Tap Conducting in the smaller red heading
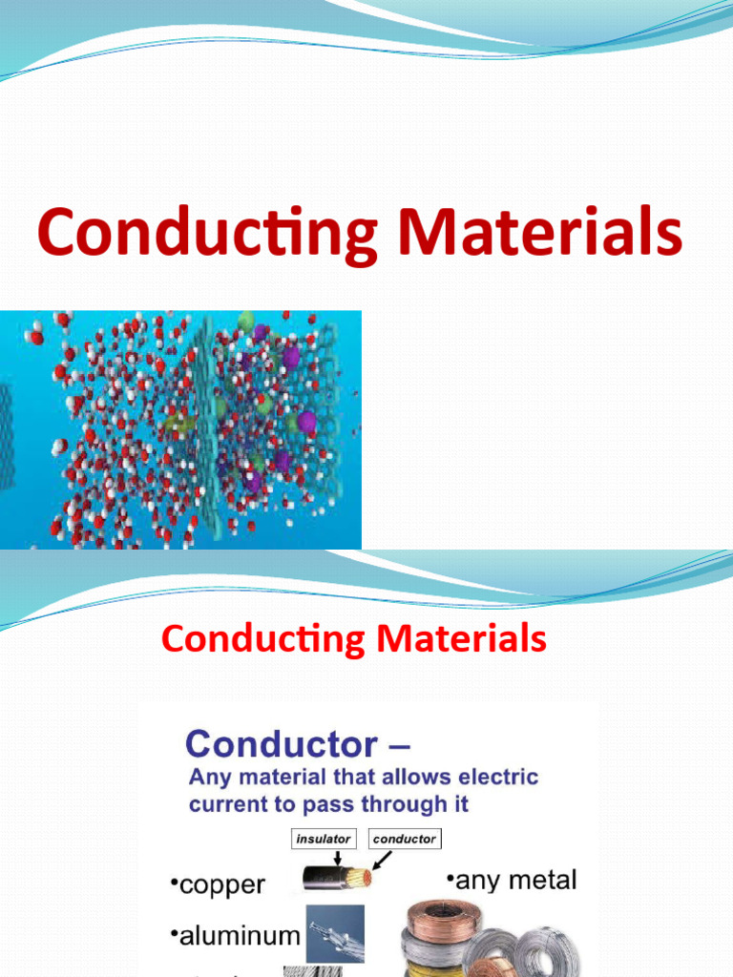tap(263, 638)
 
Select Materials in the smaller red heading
tap(462, 638)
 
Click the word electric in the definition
tap(497, 778)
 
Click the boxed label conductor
tap(404, 840)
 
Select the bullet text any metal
tap(511, 879)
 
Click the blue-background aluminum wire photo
tap(337, 931)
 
